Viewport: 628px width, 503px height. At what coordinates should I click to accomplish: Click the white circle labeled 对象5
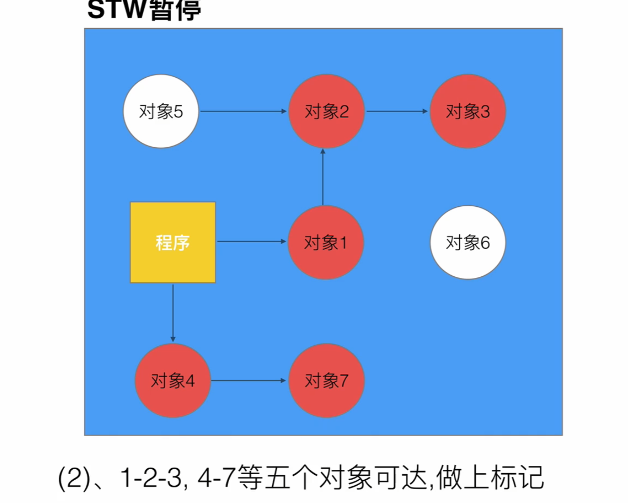(x=161, y=111)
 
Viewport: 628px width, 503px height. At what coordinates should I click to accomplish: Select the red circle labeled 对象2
(x=326, y=111)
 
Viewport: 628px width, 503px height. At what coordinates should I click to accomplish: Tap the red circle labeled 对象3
(x=467, y=111)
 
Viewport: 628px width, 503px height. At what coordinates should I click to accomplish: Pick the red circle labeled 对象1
(x=325, y=242)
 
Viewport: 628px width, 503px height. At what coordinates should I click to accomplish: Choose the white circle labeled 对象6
(x=467, y=242)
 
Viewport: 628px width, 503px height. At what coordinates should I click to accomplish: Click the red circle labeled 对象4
(x=173, y=380)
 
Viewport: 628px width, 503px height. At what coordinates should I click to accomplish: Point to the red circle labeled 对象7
(x=326, y=380)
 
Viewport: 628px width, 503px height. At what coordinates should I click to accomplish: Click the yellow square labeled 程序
(x=173, y=242)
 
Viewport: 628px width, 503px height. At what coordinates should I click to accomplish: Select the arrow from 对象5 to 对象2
(x=243, y=111)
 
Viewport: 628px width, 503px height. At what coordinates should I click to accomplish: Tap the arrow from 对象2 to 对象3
(x=397, y=111)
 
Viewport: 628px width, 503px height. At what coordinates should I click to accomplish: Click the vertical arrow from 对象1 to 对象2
(x=323, y=177)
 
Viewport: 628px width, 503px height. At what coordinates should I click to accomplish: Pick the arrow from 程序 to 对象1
(x=251, y=242)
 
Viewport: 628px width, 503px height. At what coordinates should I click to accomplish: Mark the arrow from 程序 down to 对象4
(x=173, y=313)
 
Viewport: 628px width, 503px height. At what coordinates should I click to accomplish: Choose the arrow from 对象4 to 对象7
(x=249, y=380)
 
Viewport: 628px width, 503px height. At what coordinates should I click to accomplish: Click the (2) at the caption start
(x=74, y=478)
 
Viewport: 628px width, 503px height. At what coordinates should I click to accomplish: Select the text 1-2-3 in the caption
(x=151, y=478)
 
